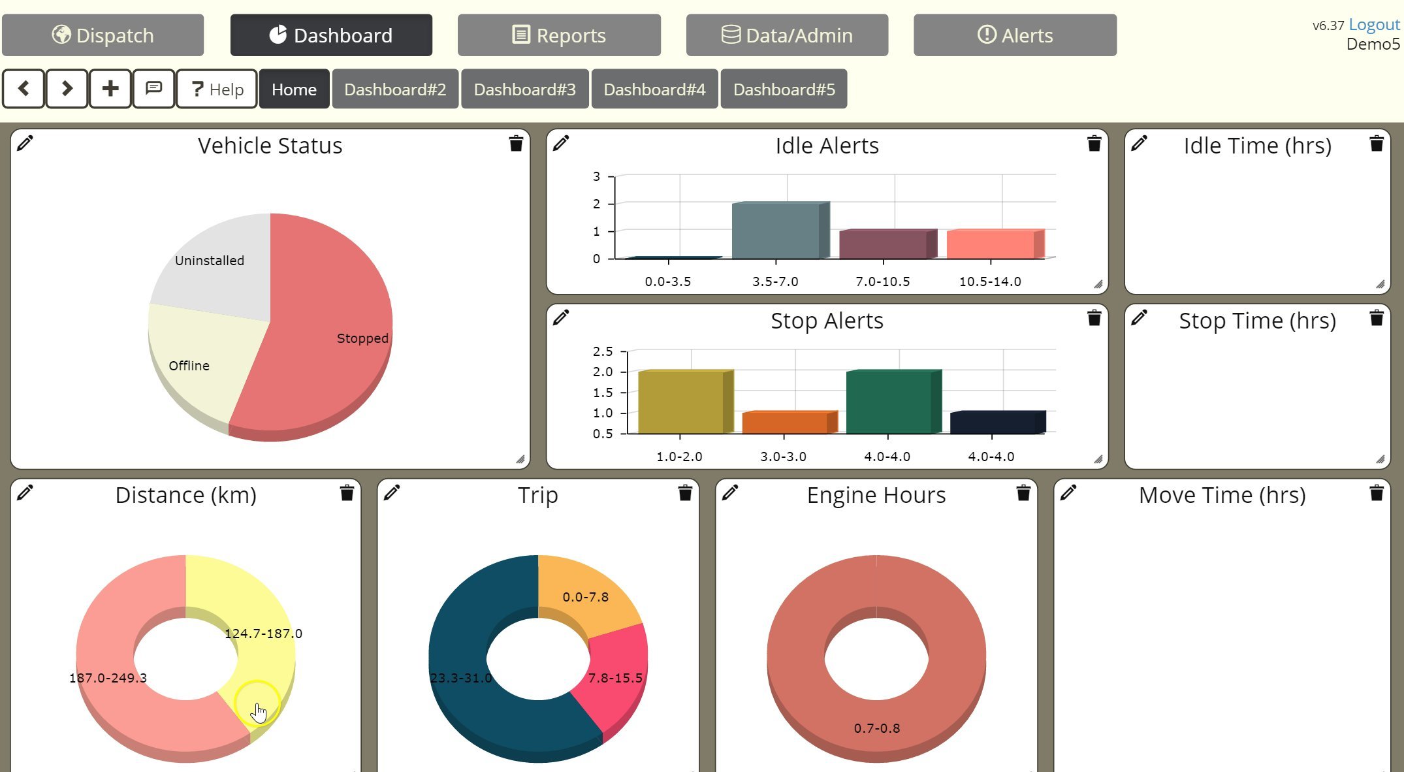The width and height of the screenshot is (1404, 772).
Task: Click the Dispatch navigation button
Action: coord(103,35)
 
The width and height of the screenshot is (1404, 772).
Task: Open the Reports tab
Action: coord(559,35)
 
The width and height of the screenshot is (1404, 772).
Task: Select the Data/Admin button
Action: coord(787,35)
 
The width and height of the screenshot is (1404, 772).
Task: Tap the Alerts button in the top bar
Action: coord(1015,35)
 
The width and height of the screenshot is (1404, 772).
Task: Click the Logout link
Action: coord(1374,25)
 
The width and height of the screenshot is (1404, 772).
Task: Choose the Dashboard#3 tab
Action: coord(524,89)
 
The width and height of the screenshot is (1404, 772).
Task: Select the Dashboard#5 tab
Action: coord(784,89)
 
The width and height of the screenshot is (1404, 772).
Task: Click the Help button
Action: coord(217,89)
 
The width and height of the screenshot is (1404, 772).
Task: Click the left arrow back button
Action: coord(24,89)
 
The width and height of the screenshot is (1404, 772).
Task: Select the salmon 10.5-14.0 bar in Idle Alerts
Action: coord(991,244)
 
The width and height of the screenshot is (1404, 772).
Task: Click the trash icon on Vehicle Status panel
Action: coord(516,144)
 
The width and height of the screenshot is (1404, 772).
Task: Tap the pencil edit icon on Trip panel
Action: coord(392,493)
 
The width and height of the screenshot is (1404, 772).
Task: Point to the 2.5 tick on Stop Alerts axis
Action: coord(603,351)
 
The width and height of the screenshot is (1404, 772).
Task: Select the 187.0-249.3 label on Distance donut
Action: coord(108,678)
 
